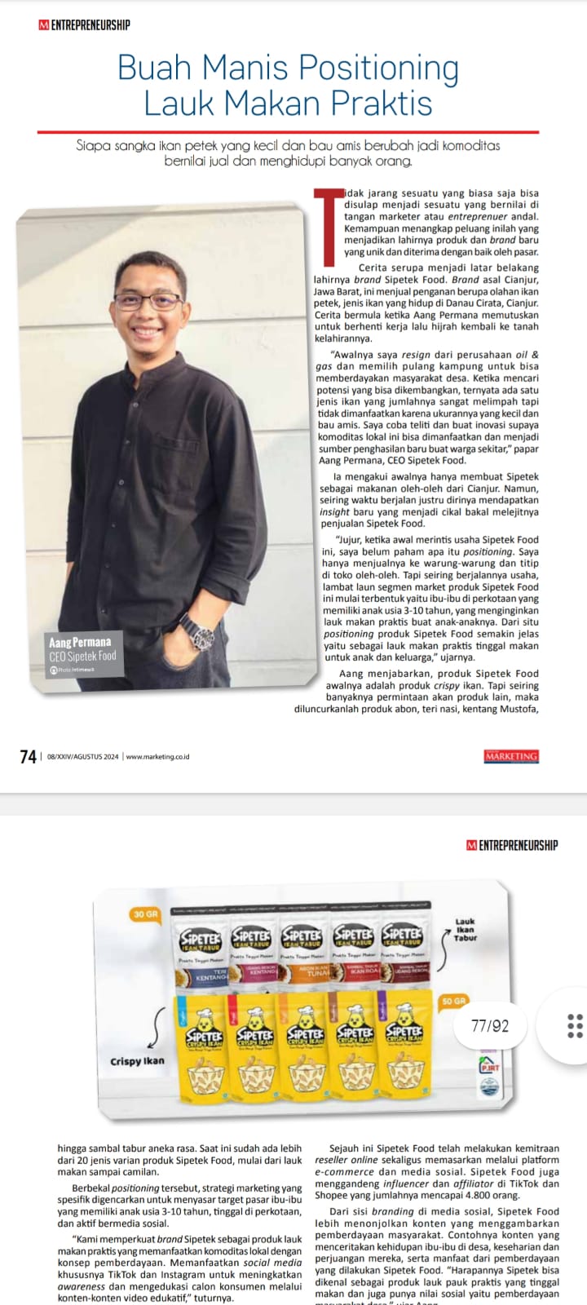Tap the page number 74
pos(29,757)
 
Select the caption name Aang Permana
pos(80,643)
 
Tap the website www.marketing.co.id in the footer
pos(157,757)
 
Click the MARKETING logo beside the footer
pos(511,756)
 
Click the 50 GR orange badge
pos(453,1000)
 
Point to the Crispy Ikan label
pos(137,1061)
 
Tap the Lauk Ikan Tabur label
pos(465,930)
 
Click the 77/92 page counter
pos(489,1026)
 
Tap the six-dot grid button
pos(574,1025)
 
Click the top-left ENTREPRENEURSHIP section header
pos(84,24)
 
